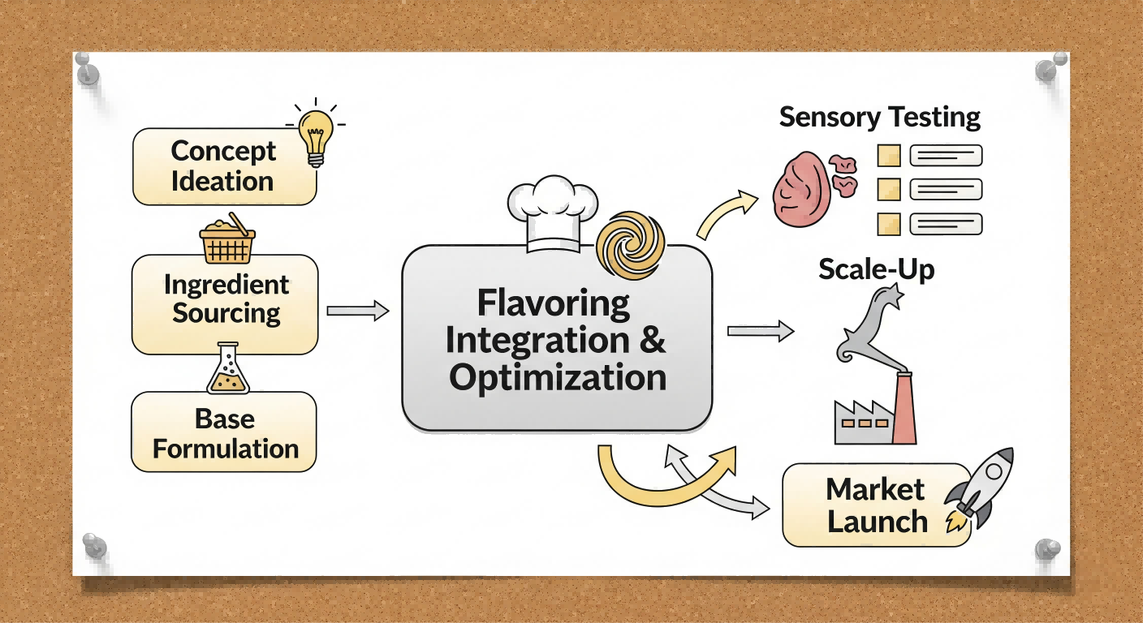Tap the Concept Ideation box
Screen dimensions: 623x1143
(x=224, y=166)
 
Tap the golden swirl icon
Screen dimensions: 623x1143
(x=630, y=241)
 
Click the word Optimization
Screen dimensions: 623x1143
(x=558, y=378)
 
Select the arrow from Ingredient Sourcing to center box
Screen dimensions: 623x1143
(x=357, y=310)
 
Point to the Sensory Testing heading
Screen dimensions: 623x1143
(x=880, y=117)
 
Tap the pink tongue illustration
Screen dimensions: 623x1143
(x=802, y=188)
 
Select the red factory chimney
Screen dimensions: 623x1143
(x=904, y=409)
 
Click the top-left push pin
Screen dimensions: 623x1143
(x=86, y=70)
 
